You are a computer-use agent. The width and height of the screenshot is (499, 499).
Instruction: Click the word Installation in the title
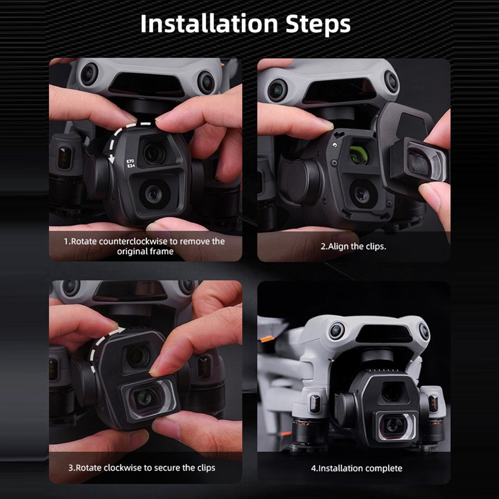pos(209,24)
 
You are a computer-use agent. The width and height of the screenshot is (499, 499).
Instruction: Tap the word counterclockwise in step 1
pos(133,242)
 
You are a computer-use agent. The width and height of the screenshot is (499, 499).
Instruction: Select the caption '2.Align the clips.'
pos(353,247)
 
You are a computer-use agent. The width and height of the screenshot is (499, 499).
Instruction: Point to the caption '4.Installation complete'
pos(356,469)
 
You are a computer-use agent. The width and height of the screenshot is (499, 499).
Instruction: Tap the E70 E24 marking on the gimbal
pos(131,164)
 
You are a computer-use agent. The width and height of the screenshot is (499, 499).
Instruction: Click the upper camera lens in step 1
pos(154,153)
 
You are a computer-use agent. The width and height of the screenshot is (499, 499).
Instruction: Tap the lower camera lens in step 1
pos(153,193)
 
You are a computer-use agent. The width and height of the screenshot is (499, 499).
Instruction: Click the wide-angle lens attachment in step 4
pos(396,426)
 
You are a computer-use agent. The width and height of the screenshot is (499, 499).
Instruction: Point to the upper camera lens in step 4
pos(391,393)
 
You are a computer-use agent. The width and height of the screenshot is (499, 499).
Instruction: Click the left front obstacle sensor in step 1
pos(89,74)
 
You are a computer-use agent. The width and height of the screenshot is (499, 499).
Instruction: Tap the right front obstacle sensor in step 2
pos(391,81)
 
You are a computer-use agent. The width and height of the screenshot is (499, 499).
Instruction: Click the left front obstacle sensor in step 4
pos(337,331)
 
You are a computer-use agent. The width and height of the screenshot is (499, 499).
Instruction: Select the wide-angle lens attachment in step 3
pos(149,398)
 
